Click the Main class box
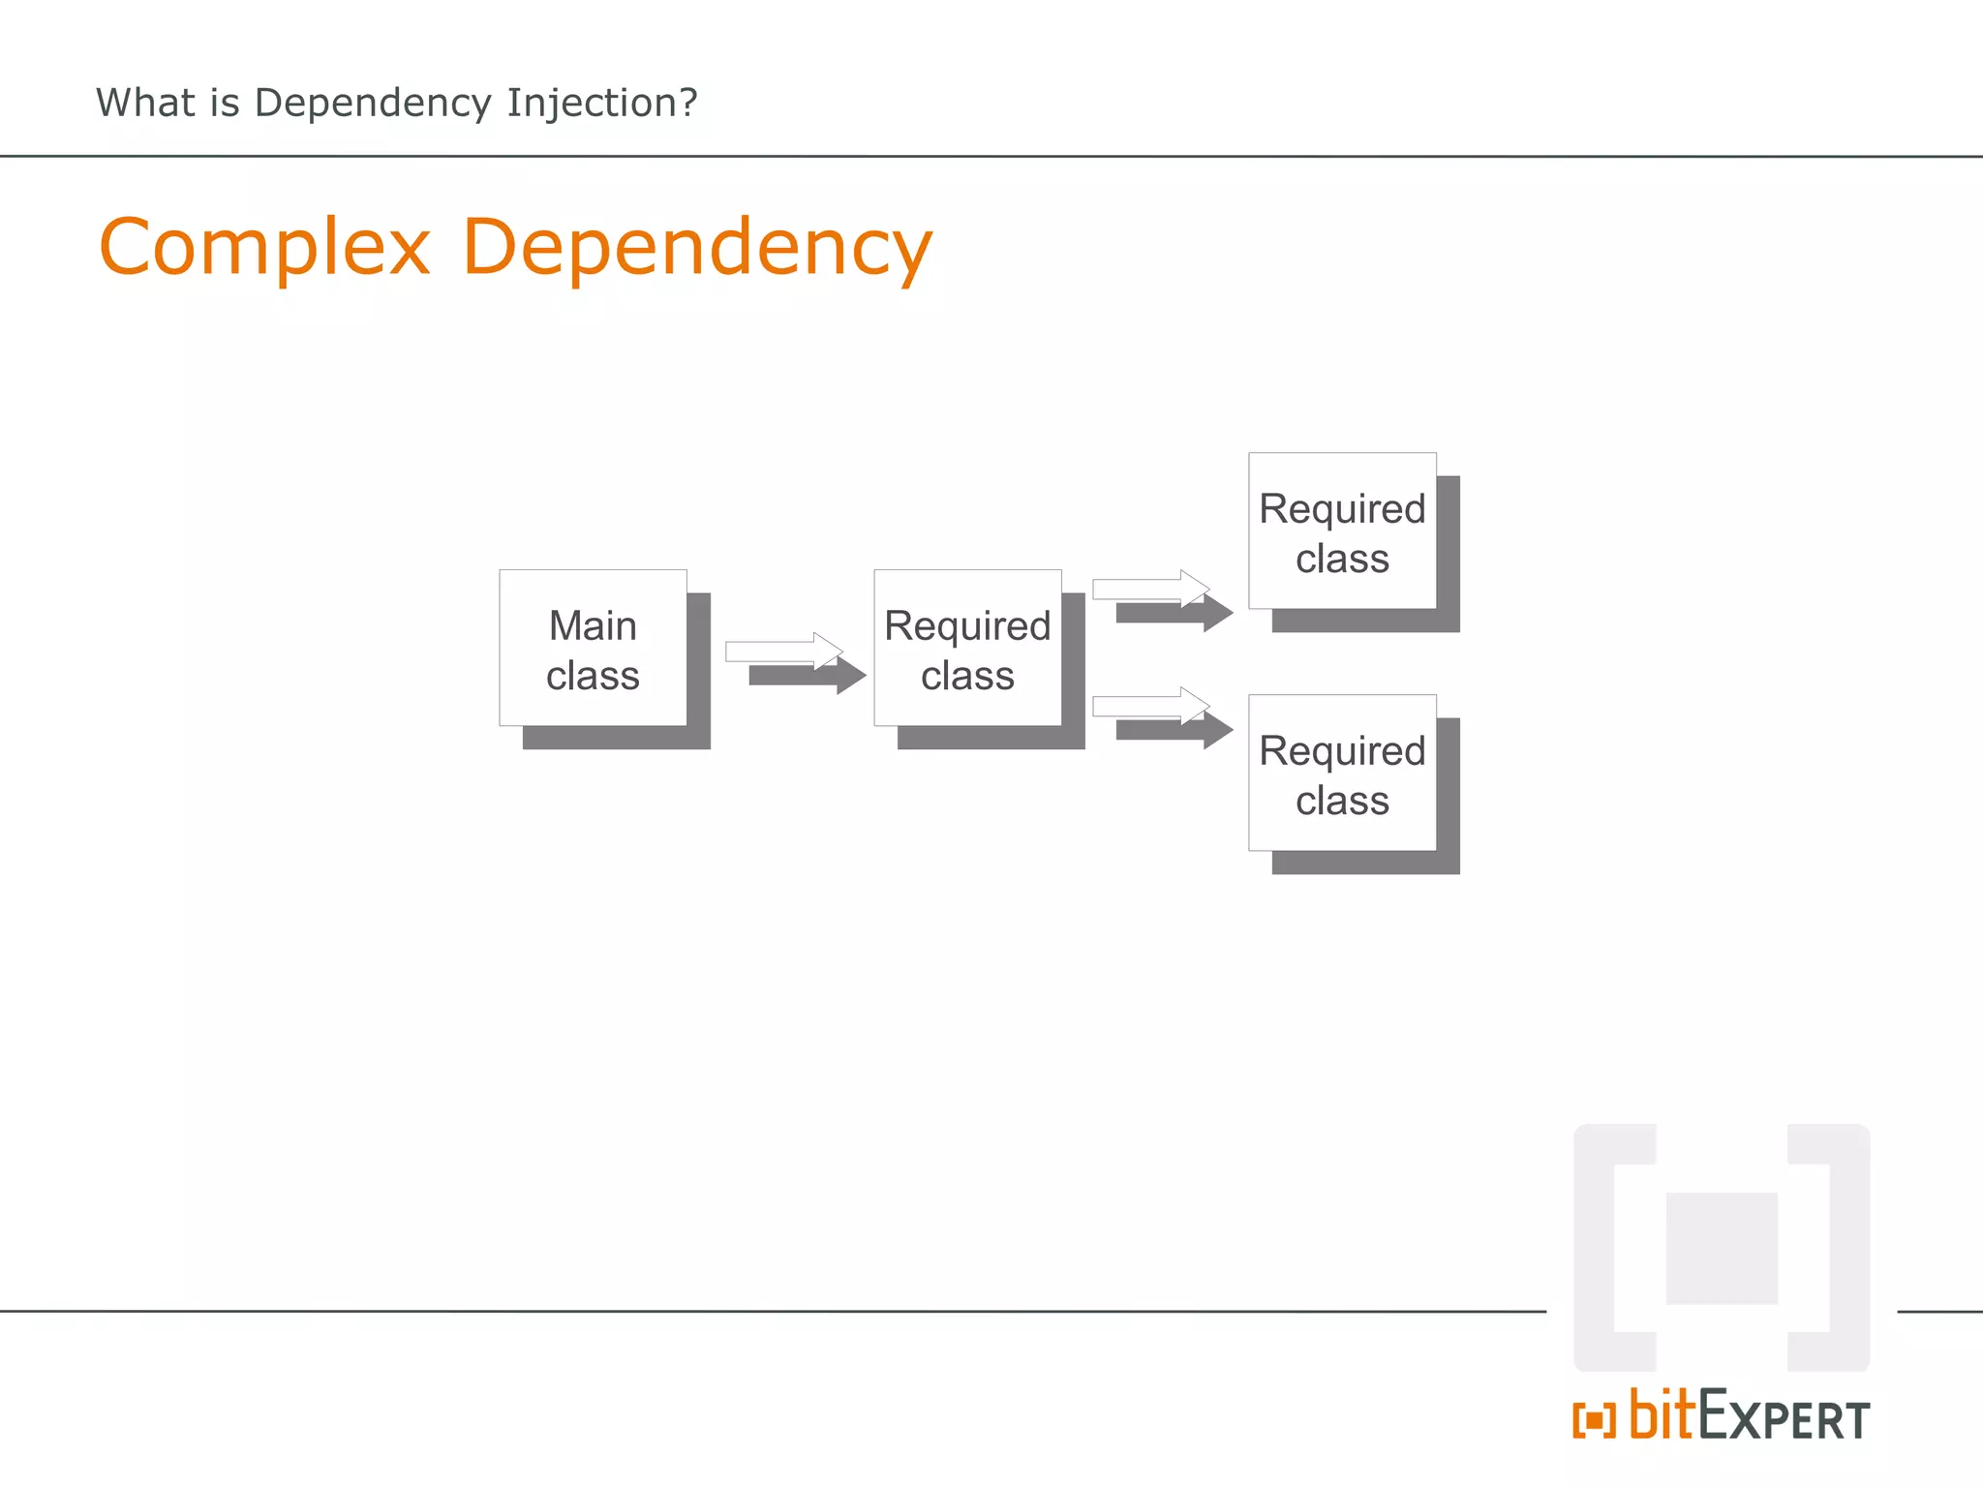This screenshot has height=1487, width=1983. tap(593, 648)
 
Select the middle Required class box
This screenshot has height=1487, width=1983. tap(967, 648)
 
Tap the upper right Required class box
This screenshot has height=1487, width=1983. tap(1342, 531)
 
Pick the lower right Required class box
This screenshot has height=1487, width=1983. tap(1342, 773)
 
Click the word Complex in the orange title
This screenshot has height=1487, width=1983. tap(264, 248)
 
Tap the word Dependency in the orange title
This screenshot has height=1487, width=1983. tap(697, 248)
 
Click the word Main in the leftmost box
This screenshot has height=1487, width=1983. tap(593, 625)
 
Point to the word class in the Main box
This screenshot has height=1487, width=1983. tap(593, 676)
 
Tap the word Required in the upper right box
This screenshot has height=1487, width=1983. tap(1342, 509)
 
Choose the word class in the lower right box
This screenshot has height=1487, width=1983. tap(1342, 801)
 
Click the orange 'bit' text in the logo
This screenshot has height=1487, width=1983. tap(1663, 1415)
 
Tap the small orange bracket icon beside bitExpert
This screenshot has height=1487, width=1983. tap(1594, 1421)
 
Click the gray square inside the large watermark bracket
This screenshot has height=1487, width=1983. tap(1721, 1248)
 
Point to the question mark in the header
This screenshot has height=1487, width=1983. tap(688, 103)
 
